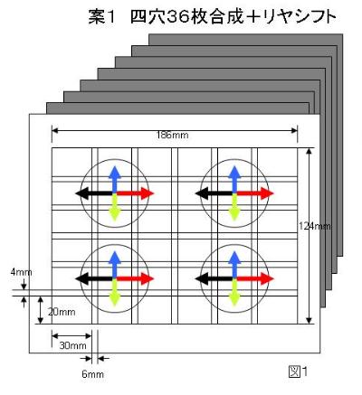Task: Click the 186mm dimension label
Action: [172, 135]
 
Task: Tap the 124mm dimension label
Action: [315, 226]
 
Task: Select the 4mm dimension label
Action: [21, 272]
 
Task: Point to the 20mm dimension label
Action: [62, 312]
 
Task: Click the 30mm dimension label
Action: [72, 345]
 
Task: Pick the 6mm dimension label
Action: [93, 374]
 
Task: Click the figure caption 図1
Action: [298, 371]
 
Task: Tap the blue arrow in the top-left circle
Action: [114, 179]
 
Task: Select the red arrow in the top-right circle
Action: [254, 193]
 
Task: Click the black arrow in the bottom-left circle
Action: [95, 278]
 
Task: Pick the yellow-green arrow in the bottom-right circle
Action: [234, 292]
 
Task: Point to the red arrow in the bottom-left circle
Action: [135, 278]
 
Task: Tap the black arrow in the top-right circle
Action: [214, 193]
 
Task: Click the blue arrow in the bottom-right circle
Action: [234, 264]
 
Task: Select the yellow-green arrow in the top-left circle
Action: [114, 207]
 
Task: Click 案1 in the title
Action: [101, 17]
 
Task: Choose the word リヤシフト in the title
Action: [300, 17]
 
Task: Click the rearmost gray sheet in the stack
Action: [246, 40]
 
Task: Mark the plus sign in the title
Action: [253, 17]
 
